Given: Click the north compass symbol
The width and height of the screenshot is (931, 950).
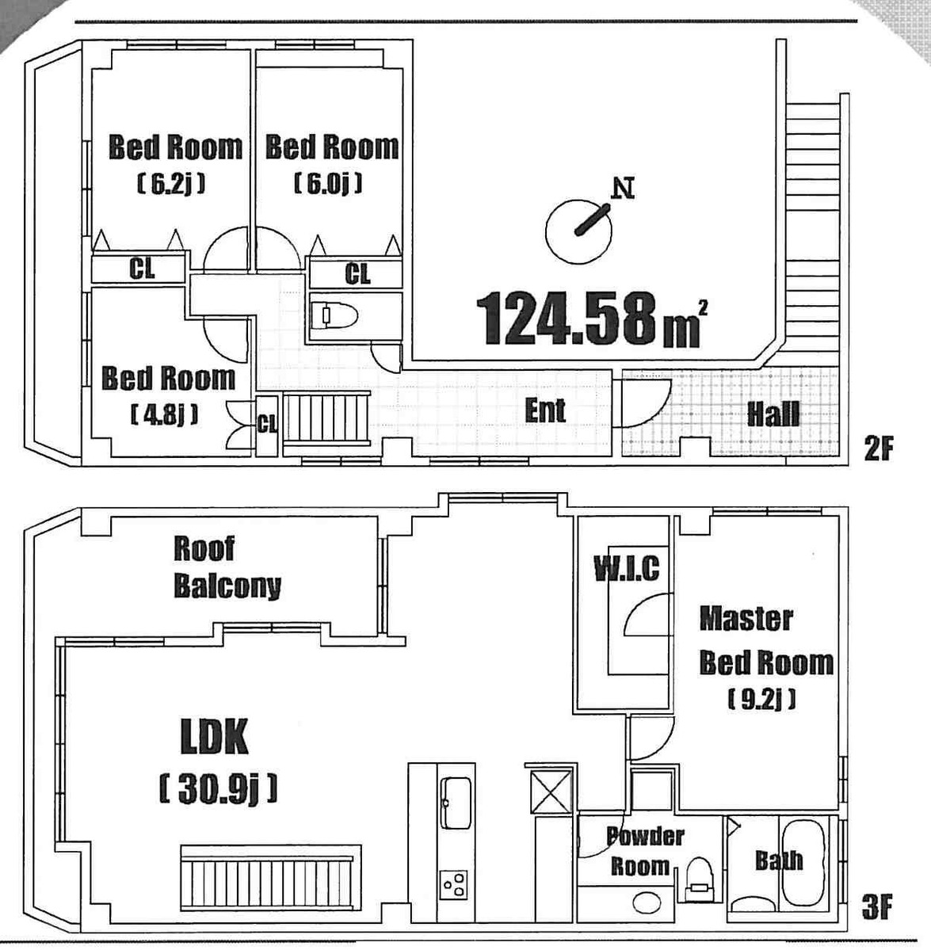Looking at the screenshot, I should coord(580,228).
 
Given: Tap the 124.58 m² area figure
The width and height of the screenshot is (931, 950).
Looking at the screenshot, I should coord(590,319).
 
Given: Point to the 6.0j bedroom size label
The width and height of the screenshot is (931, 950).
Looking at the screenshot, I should coord(328,185).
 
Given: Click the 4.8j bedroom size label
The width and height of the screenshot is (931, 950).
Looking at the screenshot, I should coord(164,414).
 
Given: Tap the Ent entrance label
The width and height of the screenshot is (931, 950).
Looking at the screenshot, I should coord(545,410).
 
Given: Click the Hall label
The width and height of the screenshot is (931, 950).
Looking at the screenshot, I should coord(773,413).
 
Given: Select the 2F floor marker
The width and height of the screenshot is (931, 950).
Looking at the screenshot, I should coord(877,449).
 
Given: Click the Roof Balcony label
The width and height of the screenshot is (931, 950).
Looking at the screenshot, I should coord(227,567).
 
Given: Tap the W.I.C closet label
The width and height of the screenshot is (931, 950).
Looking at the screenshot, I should coord(626,568).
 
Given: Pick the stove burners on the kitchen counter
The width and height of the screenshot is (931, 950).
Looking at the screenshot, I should coord(455,883).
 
